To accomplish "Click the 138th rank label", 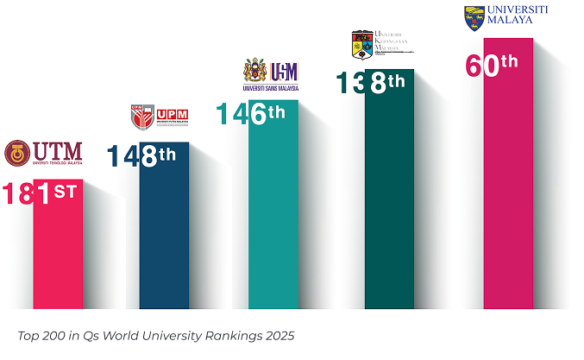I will [368, 84].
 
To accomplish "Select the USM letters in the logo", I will [284, 71].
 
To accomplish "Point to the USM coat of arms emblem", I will [254, 71].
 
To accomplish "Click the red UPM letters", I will [173, 113].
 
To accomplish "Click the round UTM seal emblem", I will [17, 153].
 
